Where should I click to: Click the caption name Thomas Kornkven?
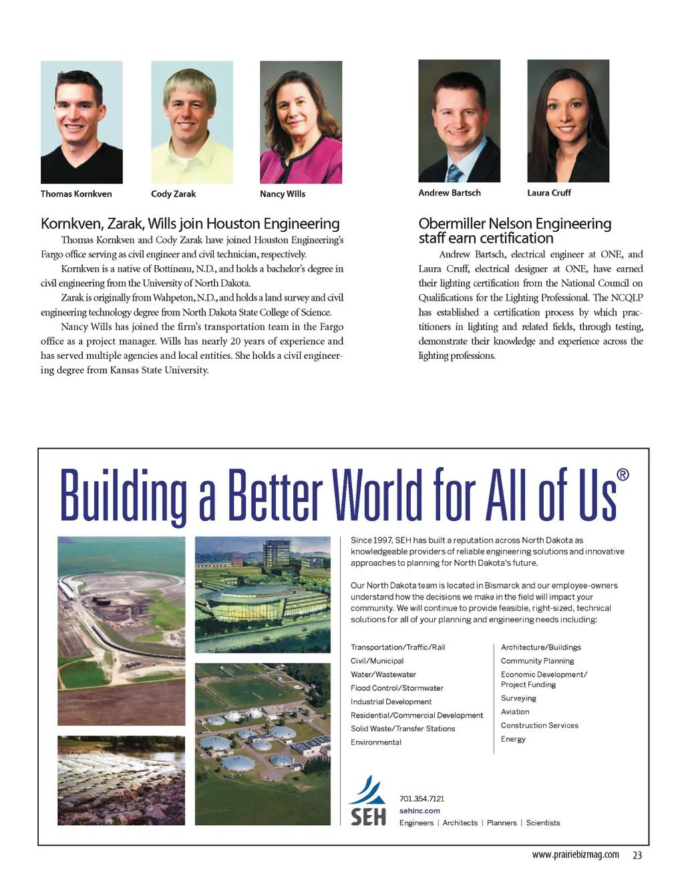pos(76,194)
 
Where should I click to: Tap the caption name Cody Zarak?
pos(173,194)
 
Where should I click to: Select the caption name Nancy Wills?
pos(283,194)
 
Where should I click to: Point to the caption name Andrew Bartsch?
pos(450,192)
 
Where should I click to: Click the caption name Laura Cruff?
pos(549,192)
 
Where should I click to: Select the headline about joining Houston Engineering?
pos(190,223)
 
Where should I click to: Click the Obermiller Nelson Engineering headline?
pos(514,231)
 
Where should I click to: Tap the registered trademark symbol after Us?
pos(623,474)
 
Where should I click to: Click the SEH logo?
pos(367,802)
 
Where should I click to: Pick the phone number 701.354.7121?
pos(421,798)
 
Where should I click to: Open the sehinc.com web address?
pos(419,810)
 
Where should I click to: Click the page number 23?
pos(637,855)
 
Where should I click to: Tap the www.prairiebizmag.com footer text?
pos(575,855)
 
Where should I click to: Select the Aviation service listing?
pos(515,712)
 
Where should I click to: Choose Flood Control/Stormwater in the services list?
pos(397,688)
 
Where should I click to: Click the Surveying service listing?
pos(518,698)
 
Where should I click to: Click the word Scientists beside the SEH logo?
pos(543,823)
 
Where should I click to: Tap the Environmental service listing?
pos(376,742)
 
